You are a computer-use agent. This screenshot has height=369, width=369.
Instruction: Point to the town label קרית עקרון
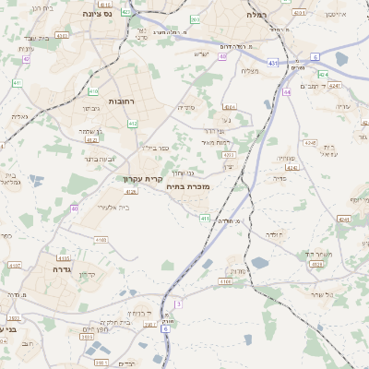click(143, 178)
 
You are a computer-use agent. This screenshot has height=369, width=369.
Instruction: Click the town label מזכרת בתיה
click(192, 187)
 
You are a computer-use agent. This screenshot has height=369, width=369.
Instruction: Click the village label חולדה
click(275, 235)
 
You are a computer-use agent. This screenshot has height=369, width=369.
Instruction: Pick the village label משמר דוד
click(317, 252)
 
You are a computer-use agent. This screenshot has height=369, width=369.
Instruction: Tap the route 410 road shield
click(93, 90)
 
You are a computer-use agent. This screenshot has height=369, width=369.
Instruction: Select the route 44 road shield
click(287, 92)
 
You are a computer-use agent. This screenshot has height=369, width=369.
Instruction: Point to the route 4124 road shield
click(316, 264)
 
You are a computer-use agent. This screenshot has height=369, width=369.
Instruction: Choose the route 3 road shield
click(178, 303)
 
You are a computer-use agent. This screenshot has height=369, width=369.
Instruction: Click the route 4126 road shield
click(131, 192)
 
